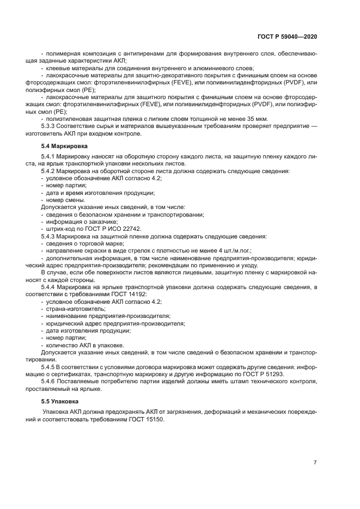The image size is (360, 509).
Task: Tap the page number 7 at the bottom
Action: click(315, 463)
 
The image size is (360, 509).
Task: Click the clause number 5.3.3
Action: click(50, 126)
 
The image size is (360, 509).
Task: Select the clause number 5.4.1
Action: click(50, 157)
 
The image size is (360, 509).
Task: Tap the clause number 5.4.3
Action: click(50, 236)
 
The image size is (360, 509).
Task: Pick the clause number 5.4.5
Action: click(50, 367)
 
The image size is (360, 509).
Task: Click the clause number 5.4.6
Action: click(50, 382)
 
